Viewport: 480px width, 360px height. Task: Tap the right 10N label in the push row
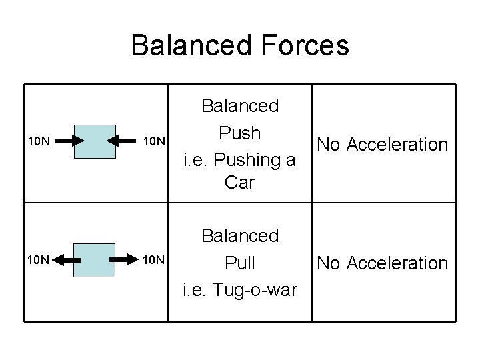coord(157,141)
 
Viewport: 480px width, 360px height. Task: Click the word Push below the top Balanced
coord(239,133)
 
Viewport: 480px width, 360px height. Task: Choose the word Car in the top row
coord(239,182)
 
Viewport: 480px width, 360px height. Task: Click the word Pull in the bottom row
coord(239,263)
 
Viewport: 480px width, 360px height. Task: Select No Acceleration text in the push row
coord(382,144)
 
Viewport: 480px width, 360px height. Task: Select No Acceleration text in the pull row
coord(382,263)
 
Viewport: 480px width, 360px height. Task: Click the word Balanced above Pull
coord(239,236)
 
